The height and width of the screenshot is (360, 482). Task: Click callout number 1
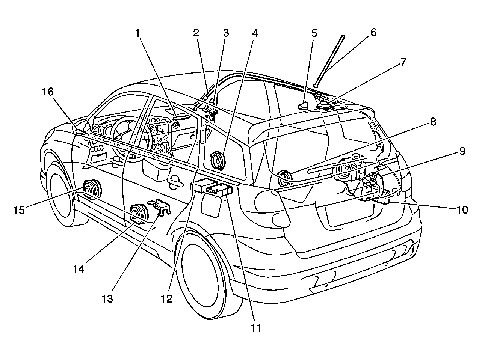137,33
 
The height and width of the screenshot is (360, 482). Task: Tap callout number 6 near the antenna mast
373,32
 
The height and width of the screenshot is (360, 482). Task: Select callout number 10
462,210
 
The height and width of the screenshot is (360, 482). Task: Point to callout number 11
256,328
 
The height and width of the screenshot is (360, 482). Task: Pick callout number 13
107,298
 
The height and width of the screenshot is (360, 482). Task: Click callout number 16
48,92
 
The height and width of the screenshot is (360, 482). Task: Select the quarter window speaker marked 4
218,161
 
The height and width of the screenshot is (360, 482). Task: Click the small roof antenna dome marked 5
303,106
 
